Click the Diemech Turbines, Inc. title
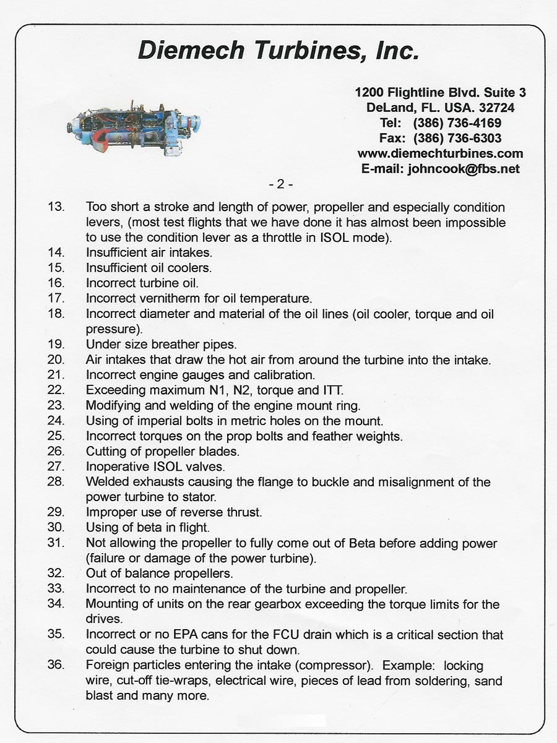click(278, 50)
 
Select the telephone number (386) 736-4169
click(457, 122)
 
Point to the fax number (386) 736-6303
click(457, 138)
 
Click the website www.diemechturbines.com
click(440, 153)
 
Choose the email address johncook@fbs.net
click(464, 168)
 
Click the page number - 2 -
click(280, 184)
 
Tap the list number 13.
click(56, 207)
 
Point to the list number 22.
click(56, 390)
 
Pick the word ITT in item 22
click(331, 390)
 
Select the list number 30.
click(56, 528)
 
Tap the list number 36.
click(56, 666)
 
